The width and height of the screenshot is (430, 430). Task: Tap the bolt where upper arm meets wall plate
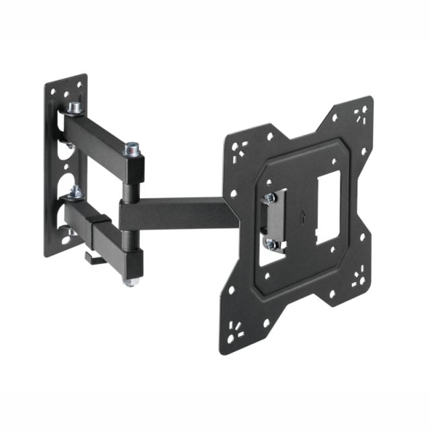[74, 108]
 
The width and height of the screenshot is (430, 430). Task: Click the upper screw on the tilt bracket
[270, 199]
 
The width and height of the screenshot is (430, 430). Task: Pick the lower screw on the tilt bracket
[271, 244]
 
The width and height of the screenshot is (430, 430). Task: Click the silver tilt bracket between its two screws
[275, 222]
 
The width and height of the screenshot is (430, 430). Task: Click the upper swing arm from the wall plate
[101, 134]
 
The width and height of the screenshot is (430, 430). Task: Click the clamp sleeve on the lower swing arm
[101, 228]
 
